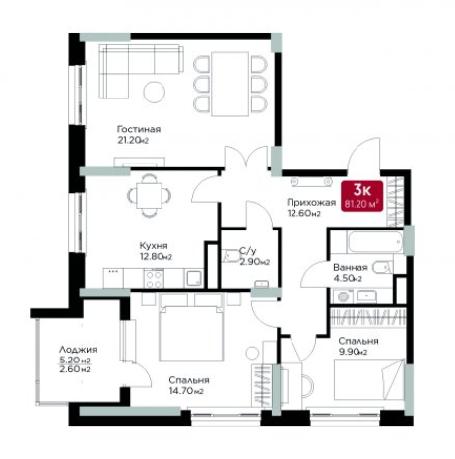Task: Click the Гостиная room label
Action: (139, 129)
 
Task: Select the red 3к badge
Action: (361, 196)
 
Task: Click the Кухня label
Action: (154, 245)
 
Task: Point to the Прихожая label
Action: (311, 203)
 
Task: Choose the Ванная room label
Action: (350, 267)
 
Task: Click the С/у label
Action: (247, 251)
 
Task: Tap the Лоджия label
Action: (78, 350)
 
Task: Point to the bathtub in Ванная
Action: (375, 242)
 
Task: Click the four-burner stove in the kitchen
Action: (154, 279)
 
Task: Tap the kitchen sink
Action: (194, 278)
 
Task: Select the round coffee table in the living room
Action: (155, 91)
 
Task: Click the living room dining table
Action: (229, 84)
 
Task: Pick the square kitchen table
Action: (149, 196)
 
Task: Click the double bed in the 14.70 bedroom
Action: (191, 327)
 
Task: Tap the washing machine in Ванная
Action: (343, 296)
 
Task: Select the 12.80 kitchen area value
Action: (156, 256)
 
